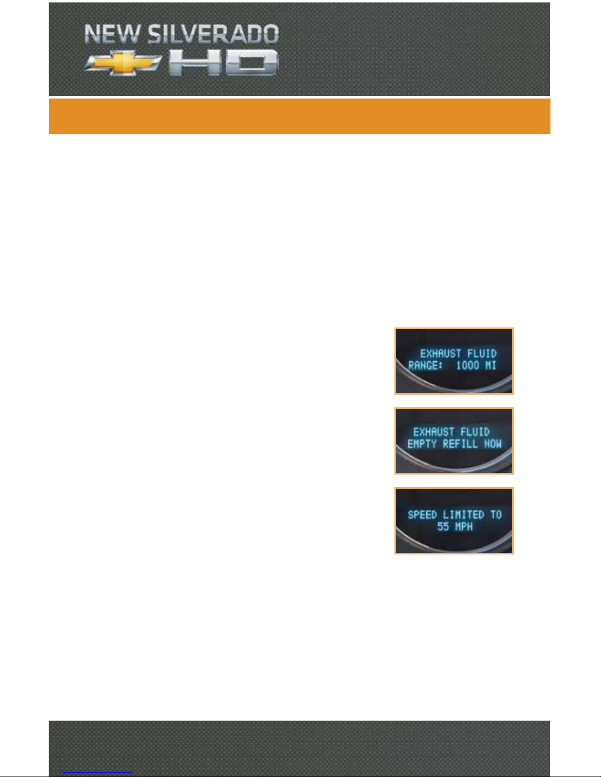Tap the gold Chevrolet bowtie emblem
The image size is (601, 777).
pos(123,64)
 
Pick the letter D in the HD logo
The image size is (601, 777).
pos(253,63)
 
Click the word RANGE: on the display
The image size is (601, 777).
pos(426,365)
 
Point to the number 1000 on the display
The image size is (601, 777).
pos(468,365)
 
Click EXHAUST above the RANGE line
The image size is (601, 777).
pos(441,353)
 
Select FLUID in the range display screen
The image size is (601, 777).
pos(481,353)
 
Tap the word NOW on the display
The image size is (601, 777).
pos(493,444)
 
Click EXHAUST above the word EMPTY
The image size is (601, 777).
pos(434,432)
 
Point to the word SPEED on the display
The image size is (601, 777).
pos(422,515)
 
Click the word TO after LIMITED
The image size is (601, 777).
pos(496,515)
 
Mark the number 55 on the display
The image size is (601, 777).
pos(443,527)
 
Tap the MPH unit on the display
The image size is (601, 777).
pos(463,527)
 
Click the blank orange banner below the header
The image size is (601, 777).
pos(299,117)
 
